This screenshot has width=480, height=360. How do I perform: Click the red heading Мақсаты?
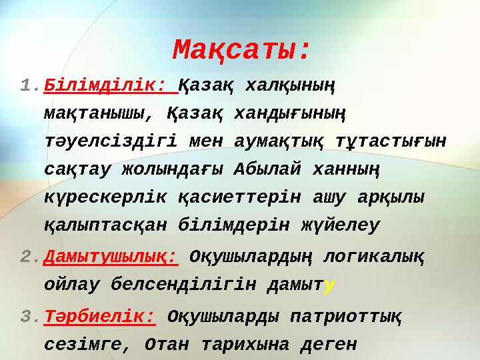click(242, 49)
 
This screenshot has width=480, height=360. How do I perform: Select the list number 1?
click(30, 86)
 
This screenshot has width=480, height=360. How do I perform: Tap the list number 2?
click(30, 257)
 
